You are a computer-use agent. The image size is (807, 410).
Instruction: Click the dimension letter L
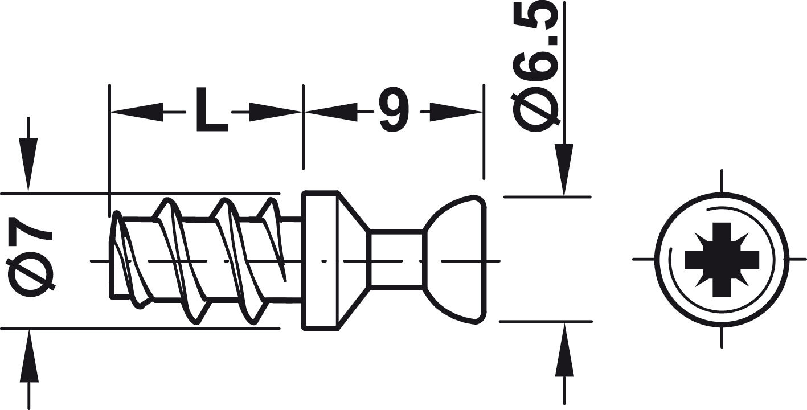[x=212, y=109]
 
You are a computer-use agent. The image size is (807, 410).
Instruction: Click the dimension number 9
[x=395, y=109]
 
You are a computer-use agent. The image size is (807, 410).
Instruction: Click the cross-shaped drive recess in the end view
[x=722, y=260]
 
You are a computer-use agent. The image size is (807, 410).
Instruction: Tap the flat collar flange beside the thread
[x=320, y=260]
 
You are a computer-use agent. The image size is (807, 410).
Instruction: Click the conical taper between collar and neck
[x=354, y=260]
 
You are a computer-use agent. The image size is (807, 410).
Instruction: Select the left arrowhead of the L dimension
[x=137, y=112]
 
